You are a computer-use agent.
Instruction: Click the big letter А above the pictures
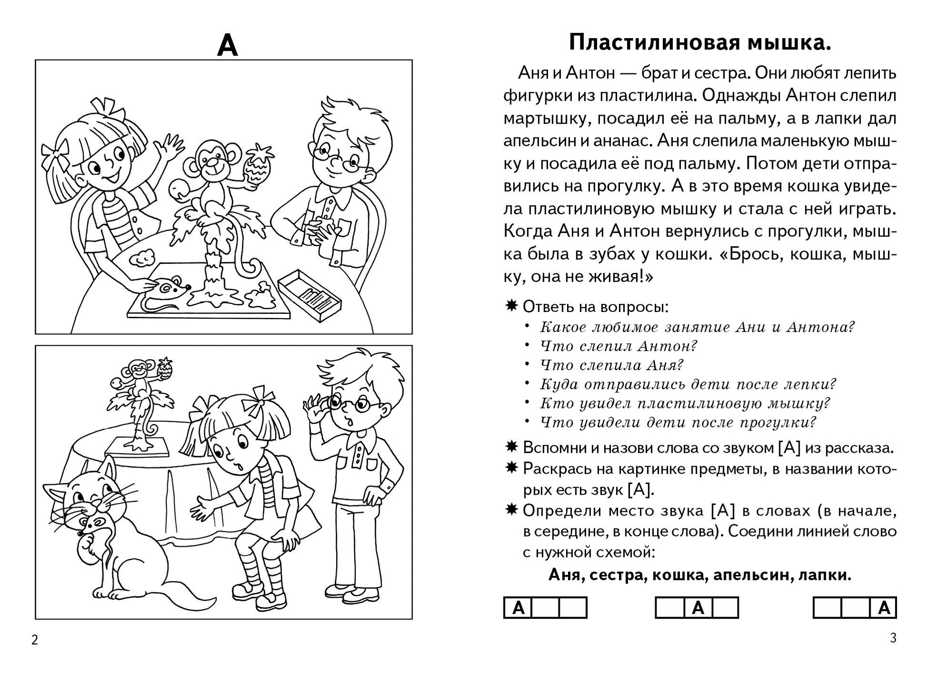[x=227, y=46]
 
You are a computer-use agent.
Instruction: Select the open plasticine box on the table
[x=310, y=291]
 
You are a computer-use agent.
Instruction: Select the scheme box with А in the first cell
[x=545, y=608]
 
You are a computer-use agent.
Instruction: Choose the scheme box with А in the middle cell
[x=697, y=608]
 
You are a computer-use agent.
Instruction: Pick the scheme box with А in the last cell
[x=854, y=608]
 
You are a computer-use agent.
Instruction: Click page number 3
[x=893, y=638]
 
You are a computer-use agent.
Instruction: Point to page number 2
[x=34, y=640]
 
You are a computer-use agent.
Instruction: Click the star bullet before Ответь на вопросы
[x=511, y=306]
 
